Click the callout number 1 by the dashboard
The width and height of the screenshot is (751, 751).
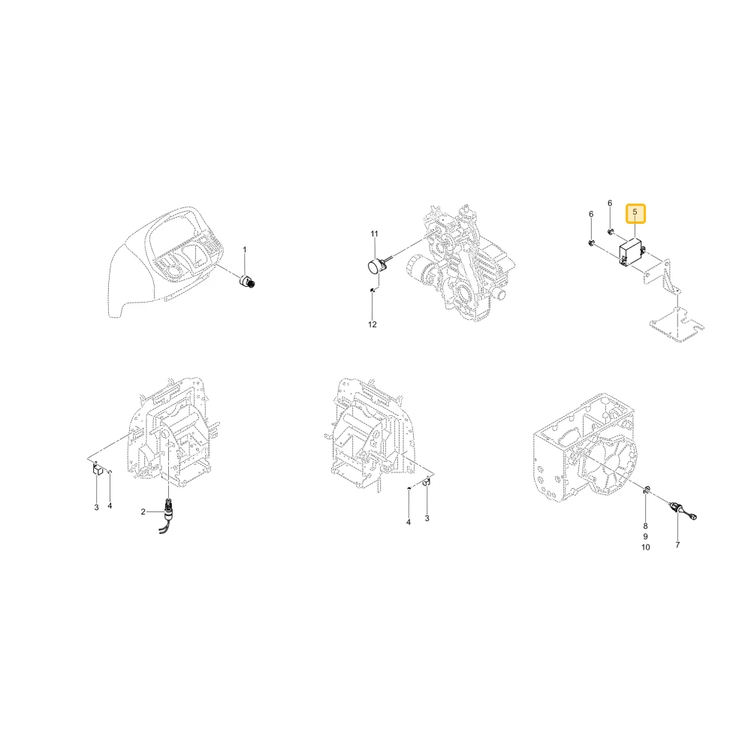245,249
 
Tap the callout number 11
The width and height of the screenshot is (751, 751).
374,234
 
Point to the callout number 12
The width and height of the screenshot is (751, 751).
372,324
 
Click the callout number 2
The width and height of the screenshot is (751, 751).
143,512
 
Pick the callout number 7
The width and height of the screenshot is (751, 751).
677,545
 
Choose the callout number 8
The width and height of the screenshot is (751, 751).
645,526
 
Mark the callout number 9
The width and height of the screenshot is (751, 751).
645,536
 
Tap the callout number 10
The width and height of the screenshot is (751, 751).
646,547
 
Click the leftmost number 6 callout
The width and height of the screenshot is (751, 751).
591,214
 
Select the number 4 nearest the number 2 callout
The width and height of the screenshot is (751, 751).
110,505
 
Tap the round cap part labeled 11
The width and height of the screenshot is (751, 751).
375,266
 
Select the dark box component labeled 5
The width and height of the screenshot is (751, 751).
632,251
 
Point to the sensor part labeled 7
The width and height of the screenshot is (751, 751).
682,511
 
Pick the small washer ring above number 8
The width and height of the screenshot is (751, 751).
646,489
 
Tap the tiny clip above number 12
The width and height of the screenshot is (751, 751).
372,289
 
